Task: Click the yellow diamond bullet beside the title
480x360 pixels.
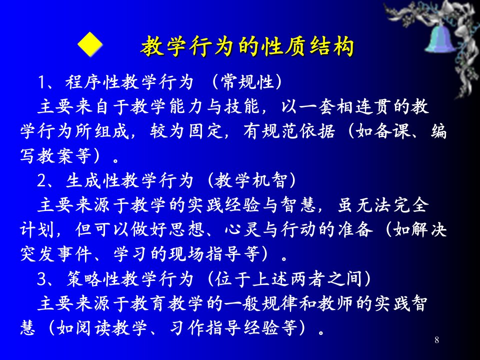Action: (x=90, y=44)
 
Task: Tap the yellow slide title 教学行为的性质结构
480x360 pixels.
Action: (x=247, y=46)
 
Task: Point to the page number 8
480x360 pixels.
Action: (x=437, y=340)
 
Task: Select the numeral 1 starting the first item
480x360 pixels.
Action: (x=41, y=82)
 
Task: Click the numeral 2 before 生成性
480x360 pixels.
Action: (x=41, y=180)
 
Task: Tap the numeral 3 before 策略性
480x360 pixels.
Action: (x=41, y=279)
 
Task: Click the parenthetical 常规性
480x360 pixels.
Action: (x=246, y=82)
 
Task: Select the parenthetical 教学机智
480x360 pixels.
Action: (x=251, y=180)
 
